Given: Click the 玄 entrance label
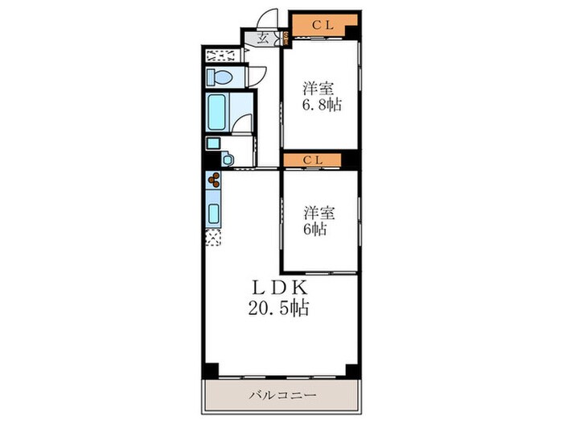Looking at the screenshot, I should coord(264,38).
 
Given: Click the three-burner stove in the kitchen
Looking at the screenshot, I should coord(215,182).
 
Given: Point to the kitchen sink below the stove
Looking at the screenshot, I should coord(215,212).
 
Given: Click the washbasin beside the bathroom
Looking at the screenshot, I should coord(228,160).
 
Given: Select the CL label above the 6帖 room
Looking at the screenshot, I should coord(314,160).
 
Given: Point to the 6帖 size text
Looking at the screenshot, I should coord(314,230).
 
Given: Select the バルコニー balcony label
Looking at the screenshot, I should coord(281,396).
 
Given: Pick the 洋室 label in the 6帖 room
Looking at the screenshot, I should coord(318,213).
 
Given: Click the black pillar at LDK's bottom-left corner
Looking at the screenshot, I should coord(210,371).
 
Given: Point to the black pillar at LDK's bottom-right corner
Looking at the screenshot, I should coord(351,371).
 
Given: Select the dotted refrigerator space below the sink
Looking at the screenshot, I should coord(213,238).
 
